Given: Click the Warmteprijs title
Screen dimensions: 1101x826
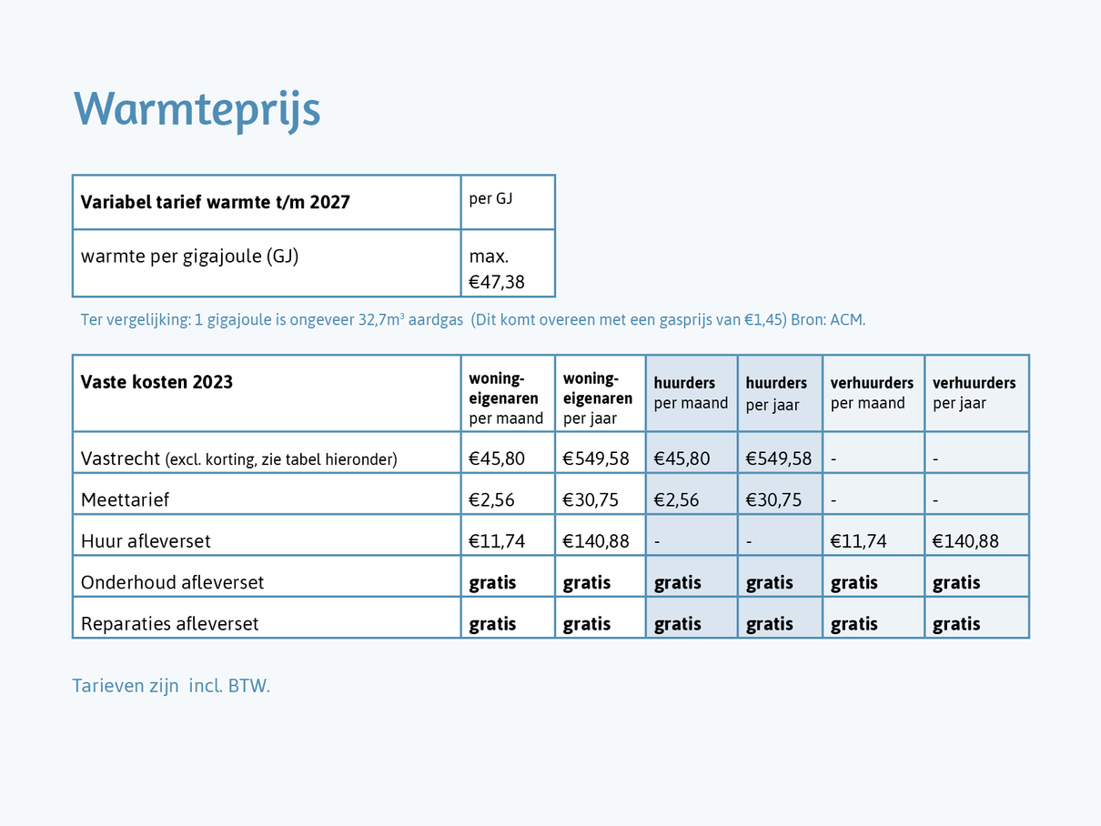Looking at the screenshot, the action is click(197, 109).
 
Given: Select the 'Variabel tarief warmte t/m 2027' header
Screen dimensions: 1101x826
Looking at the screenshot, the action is click(216, 202).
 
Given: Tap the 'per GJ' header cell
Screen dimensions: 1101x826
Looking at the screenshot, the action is click(490, 198).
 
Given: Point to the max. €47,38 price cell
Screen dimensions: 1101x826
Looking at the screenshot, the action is click(497, 269).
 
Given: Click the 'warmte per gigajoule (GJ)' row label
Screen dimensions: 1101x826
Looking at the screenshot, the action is click(189, 256).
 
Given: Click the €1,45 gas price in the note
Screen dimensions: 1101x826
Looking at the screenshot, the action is click(763, 320).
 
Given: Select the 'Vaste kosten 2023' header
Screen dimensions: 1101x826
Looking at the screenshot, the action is click(157, 382).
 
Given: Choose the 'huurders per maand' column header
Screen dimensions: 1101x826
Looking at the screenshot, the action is click(691, 393).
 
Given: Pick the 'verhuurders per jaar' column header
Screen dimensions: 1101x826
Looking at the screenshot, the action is click(974, 393).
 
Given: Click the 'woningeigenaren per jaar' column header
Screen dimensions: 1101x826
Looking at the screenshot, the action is click(598, 398).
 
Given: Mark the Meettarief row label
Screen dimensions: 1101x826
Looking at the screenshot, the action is click(125, 499).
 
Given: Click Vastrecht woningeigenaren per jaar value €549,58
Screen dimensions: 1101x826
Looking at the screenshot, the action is click(596, 458).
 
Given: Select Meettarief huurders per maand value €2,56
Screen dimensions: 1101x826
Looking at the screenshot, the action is click(676, 499).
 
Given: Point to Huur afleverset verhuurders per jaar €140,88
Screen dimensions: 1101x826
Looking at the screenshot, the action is click(965, 541).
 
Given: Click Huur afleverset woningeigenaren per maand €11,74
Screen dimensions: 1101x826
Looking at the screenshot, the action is click(497, 541).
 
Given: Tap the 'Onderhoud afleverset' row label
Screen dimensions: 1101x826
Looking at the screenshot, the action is click(172, 582).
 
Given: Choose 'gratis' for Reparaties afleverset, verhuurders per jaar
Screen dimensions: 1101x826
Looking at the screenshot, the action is click(956, 624).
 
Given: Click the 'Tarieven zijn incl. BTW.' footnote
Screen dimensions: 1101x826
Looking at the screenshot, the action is click(171, 686).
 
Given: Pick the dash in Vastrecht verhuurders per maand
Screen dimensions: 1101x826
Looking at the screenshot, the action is click(833, 459).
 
